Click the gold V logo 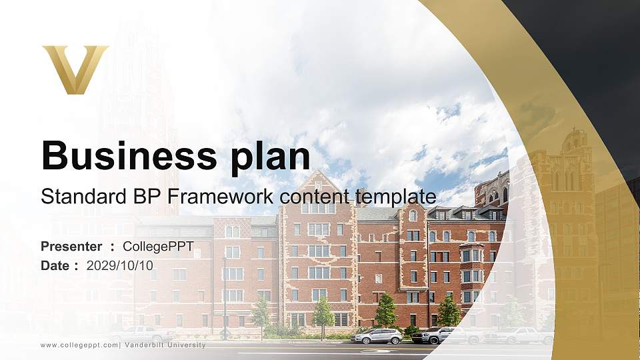point(75,69)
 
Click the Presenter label point(71,247)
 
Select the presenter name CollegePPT point(158,247)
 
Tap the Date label point(57,265)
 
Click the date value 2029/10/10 point(120,265)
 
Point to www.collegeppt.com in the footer point(79,345)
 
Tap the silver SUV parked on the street point(377,337)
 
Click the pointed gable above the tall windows point(317,181)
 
